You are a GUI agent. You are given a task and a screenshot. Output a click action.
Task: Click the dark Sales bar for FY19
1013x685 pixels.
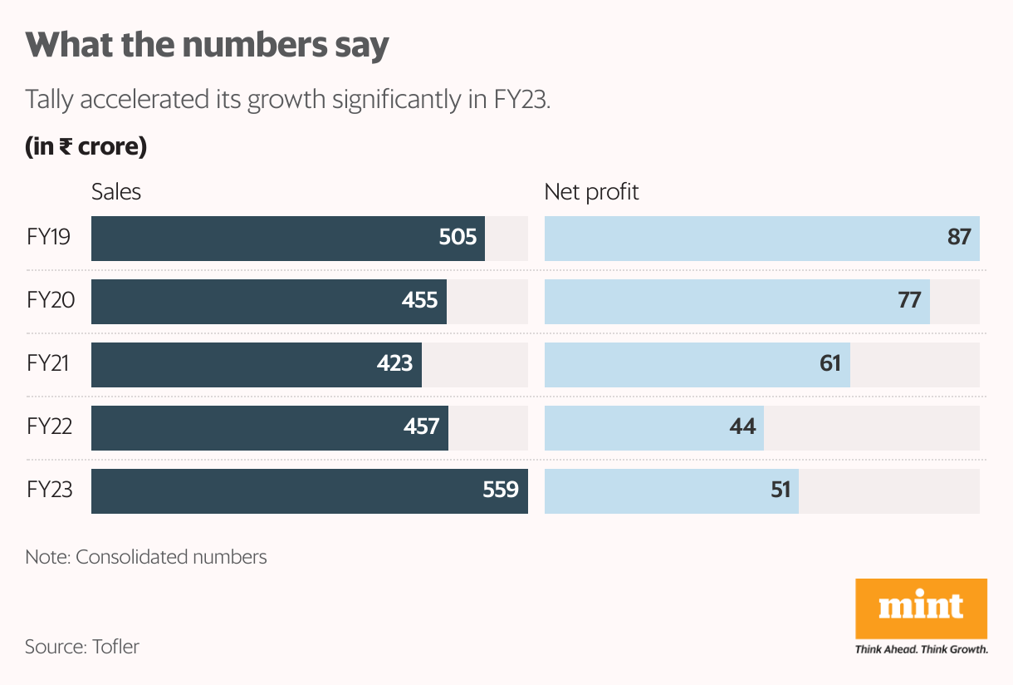coord(266,239)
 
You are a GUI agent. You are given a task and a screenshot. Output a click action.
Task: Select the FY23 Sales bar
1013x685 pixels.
coord(282,491)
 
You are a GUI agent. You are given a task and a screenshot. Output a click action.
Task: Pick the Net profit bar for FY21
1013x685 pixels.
coord(681,365)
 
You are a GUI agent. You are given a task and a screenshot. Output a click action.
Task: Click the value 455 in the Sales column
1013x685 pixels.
coord(419,300)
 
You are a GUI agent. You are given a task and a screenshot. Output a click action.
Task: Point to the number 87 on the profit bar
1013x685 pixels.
coord(959,238)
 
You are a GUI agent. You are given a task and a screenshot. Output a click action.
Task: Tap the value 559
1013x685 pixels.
coord(501,490)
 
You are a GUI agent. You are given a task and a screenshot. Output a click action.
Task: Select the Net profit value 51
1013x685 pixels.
coord(781,490)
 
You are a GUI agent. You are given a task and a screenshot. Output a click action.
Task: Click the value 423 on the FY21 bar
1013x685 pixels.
coord(394,363)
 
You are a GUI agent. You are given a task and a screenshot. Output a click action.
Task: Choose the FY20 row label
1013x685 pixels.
coord(51,300)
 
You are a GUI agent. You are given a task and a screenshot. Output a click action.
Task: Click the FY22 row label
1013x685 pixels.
coord(50,427)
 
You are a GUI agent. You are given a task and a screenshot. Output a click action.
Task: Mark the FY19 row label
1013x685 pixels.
coord(49,238)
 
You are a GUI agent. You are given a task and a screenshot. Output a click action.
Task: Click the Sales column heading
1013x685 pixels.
coord(116,192)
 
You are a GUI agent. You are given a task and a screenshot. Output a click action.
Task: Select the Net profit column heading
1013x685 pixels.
coord(591,192)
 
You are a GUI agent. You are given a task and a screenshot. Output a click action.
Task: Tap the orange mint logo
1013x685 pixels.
coord(921,608)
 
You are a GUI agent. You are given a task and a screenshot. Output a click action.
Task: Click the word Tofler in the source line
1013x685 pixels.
coord(115,646)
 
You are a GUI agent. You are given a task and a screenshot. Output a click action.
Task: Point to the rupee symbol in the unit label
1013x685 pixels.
coord(64,148)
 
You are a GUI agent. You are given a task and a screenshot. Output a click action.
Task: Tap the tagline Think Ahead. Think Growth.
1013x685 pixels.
coord(921,649)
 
